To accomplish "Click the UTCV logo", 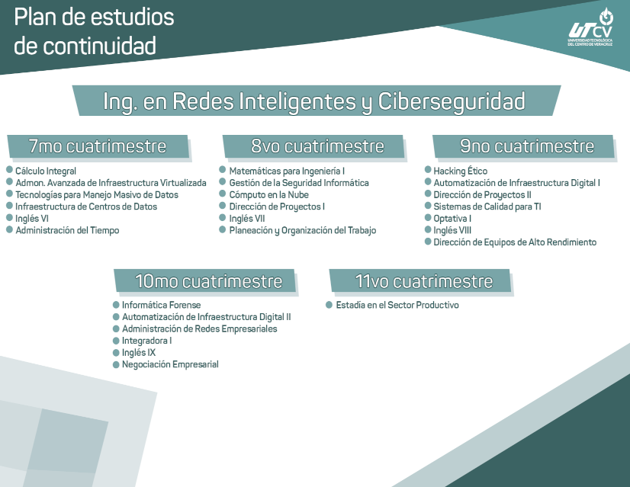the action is pyautogui.click(x=590, y=28).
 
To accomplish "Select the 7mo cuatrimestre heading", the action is pyautogui.click(x=97, y=146).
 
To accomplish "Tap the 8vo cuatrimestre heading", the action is pyautogui.click(x=317, y=146).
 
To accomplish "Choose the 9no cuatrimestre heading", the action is pyautogui.click(x=527, y=146).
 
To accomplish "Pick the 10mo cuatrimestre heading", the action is pyautogui.click(x=208, y=281).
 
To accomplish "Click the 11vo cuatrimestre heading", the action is pyautogui.click(x=424, y=281).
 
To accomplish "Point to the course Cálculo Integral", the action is pyautogui.click(x=46, y=171).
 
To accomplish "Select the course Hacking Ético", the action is pyautogui.click(x=461, y=171).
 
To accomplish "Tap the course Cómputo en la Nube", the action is pyautogui.click(x=268, y=194).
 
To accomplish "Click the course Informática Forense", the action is pyautogui.click(x=161, y=305).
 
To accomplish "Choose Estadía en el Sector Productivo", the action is pyautogui.click(x=397, y=305).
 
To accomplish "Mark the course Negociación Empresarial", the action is pyautogui.click(x=170, y=364).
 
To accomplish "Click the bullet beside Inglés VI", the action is pyautogui.click(x=10, y=218).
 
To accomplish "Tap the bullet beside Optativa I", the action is pyautogui.click(x=428, y=218).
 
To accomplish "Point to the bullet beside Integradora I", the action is pyautogui.click(x=116, y=341).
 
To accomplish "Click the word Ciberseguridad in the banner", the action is pyautogui.click(x=452, y=101).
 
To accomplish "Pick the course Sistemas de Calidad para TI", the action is pyautogui.click(x=487, y=207).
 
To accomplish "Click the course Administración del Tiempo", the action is pyautogui.click(x=67, y=230).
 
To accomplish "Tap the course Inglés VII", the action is pyautogui.click(x=246, y=219).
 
